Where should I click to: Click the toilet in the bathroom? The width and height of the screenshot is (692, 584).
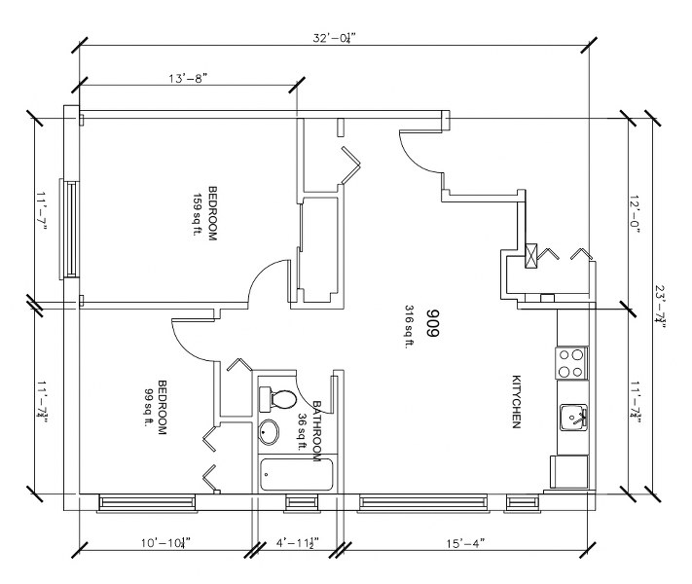[x=278, y=399]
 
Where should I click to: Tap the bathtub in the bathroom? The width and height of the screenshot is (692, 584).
[x=297, y=475]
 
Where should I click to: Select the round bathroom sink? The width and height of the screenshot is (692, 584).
[x=269, y=431]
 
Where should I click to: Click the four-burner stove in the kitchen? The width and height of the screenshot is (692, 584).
[x=572, y=363]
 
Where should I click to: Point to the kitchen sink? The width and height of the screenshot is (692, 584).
[x=573, y=418]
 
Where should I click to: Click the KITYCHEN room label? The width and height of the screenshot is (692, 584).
[x=516, y=401]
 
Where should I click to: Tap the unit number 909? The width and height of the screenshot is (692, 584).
[x=432, y=323]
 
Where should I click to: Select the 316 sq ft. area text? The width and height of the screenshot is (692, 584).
[x=409, y=327]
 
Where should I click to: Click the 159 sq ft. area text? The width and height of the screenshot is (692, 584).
[x=197, y=214]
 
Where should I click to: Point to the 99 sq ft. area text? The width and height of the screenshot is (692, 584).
[x=147, y=408]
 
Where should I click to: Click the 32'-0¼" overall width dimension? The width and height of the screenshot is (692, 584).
[x=334, y=38]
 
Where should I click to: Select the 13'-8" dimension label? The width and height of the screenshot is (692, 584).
[x=188, y=79]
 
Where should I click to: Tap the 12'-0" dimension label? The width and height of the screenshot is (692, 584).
[x=635, y=214]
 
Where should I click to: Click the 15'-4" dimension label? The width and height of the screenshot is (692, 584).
[x=465, y=542]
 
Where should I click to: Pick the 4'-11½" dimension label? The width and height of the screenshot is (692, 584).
[x=298, y=542]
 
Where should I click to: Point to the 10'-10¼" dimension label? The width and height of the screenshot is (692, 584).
[x=165, y=542]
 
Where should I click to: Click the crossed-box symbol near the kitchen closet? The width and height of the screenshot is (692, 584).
[x=531, y=256]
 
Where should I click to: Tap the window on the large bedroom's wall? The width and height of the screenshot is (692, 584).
[x=69, y=229]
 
